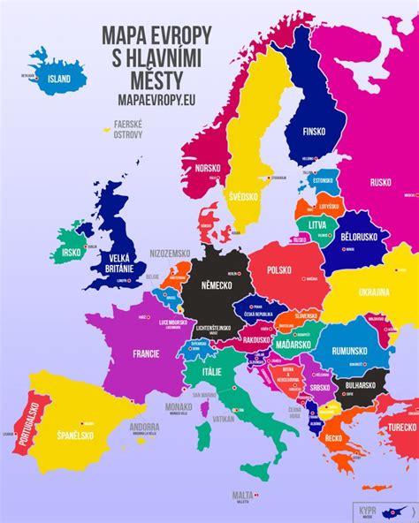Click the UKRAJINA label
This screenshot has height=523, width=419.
pos(375,292)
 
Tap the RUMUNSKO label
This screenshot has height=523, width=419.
pos(355,351)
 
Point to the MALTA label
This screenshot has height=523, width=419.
pos(242,496)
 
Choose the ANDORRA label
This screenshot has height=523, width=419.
pos(144,427)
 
